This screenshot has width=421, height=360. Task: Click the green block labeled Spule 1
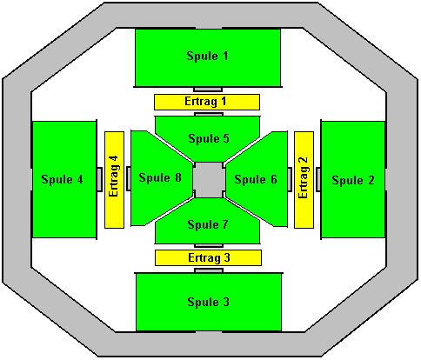pyautogui.click(x=208, y=57)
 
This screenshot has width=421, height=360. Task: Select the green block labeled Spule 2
pyautogui.click(x=353, y=180)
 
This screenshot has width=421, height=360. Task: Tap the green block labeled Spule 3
pyautogui.click(x=209, y=302)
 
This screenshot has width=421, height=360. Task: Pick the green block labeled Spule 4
pyautogui.click(x=64, y=180)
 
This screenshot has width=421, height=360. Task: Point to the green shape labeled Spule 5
pyautogui.click(x=208, y=137)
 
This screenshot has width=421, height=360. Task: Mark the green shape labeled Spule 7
pyautogui.click(x=208, y=224)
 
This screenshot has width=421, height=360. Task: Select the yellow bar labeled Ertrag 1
pyautogui.click(x=207, y=102)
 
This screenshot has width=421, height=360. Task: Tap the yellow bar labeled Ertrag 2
pyautogui.click(x=304, y=180)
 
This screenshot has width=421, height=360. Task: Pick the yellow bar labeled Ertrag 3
pyautogui.click(x=208, y=257)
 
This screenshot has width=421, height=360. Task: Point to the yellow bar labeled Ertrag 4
pyautogui.click(x=114, y=180)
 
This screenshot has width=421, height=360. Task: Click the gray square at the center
pyautogui.click(x=209, y=180)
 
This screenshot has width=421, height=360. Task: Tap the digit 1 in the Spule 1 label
pyautogui.click(x=224, y=56)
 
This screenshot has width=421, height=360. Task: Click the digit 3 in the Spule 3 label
pyautogui.click(x=225, y=302)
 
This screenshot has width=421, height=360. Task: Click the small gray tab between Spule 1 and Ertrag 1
pyautogui.click(x=208, y=89)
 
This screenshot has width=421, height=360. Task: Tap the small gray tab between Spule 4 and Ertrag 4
pyautogui.click(x=99, y=179)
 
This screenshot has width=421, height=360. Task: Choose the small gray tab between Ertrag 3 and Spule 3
pyautogui.click(x=209, y=270)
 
